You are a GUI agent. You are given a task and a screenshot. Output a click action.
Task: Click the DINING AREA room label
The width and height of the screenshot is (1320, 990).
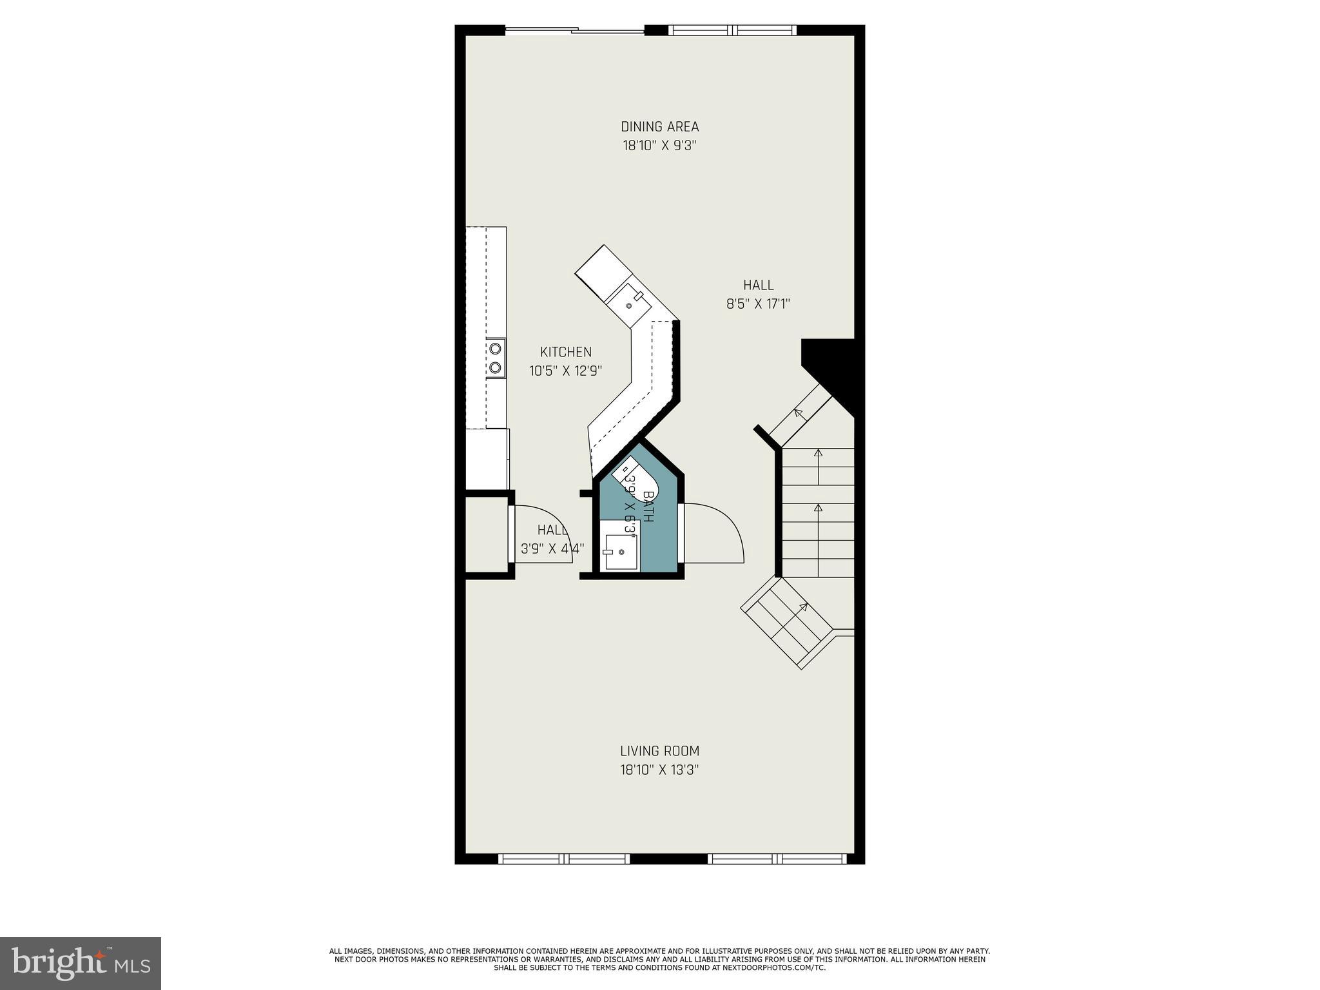click(659, 126)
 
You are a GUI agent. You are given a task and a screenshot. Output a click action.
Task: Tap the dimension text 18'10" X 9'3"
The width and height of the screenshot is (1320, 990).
click(659, 146)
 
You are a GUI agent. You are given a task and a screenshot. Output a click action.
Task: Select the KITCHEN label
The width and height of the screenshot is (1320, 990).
click(565, 352)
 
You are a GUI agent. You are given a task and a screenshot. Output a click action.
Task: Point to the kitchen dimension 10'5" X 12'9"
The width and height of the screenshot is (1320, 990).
click(565, 371)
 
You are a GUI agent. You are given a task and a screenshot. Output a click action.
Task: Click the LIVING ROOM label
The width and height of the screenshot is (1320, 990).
click(659, 751)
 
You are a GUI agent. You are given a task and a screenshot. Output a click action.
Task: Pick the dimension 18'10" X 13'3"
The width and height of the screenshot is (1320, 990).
click(659, 770)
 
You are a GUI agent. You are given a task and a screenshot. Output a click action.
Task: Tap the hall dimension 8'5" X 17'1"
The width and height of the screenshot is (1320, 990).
click(758, 304)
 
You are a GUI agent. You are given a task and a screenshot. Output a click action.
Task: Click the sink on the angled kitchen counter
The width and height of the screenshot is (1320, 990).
click(629, 304)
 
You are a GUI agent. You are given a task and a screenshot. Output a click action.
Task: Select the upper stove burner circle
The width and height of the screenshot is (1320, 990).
click(495, 349)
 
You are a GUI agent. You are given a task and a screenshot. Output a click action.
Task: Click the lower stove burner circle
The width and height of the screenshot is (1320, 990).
click(495, 367)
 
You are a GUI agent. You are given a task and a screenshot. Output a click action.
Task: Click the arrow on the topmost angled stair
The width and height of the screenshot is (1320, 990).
click(799, 412)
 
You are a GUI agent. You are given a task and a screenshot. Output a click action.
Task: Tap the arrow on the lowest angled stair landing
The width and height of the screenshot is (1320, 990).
click(803, 607)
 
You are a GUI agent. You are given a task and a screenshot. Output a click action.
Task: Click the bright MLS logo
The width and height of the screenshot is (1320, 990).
click(81, 963)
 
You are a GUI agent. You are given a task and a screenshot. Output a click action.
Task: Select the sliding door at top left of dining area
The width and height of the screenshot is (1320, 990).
click(574, 30)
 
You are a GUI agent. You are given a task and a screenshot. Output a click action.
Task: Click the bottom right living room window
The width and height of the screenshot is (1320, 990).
click(777, 859)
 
